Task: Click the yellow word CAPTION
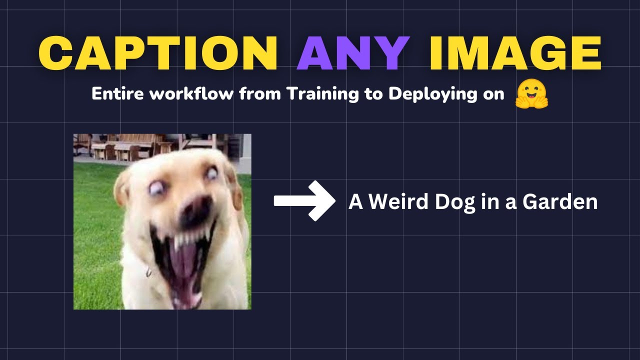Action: coord(158,53)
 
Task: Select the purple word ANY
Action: coord(353,53)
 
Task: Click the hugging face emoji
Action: coord(531,94)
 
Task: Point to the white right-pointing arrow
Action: coord(304,201)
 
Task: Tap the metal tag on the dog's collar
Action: coord(148,272)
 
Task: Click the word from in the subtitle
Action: coord(261,94)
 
